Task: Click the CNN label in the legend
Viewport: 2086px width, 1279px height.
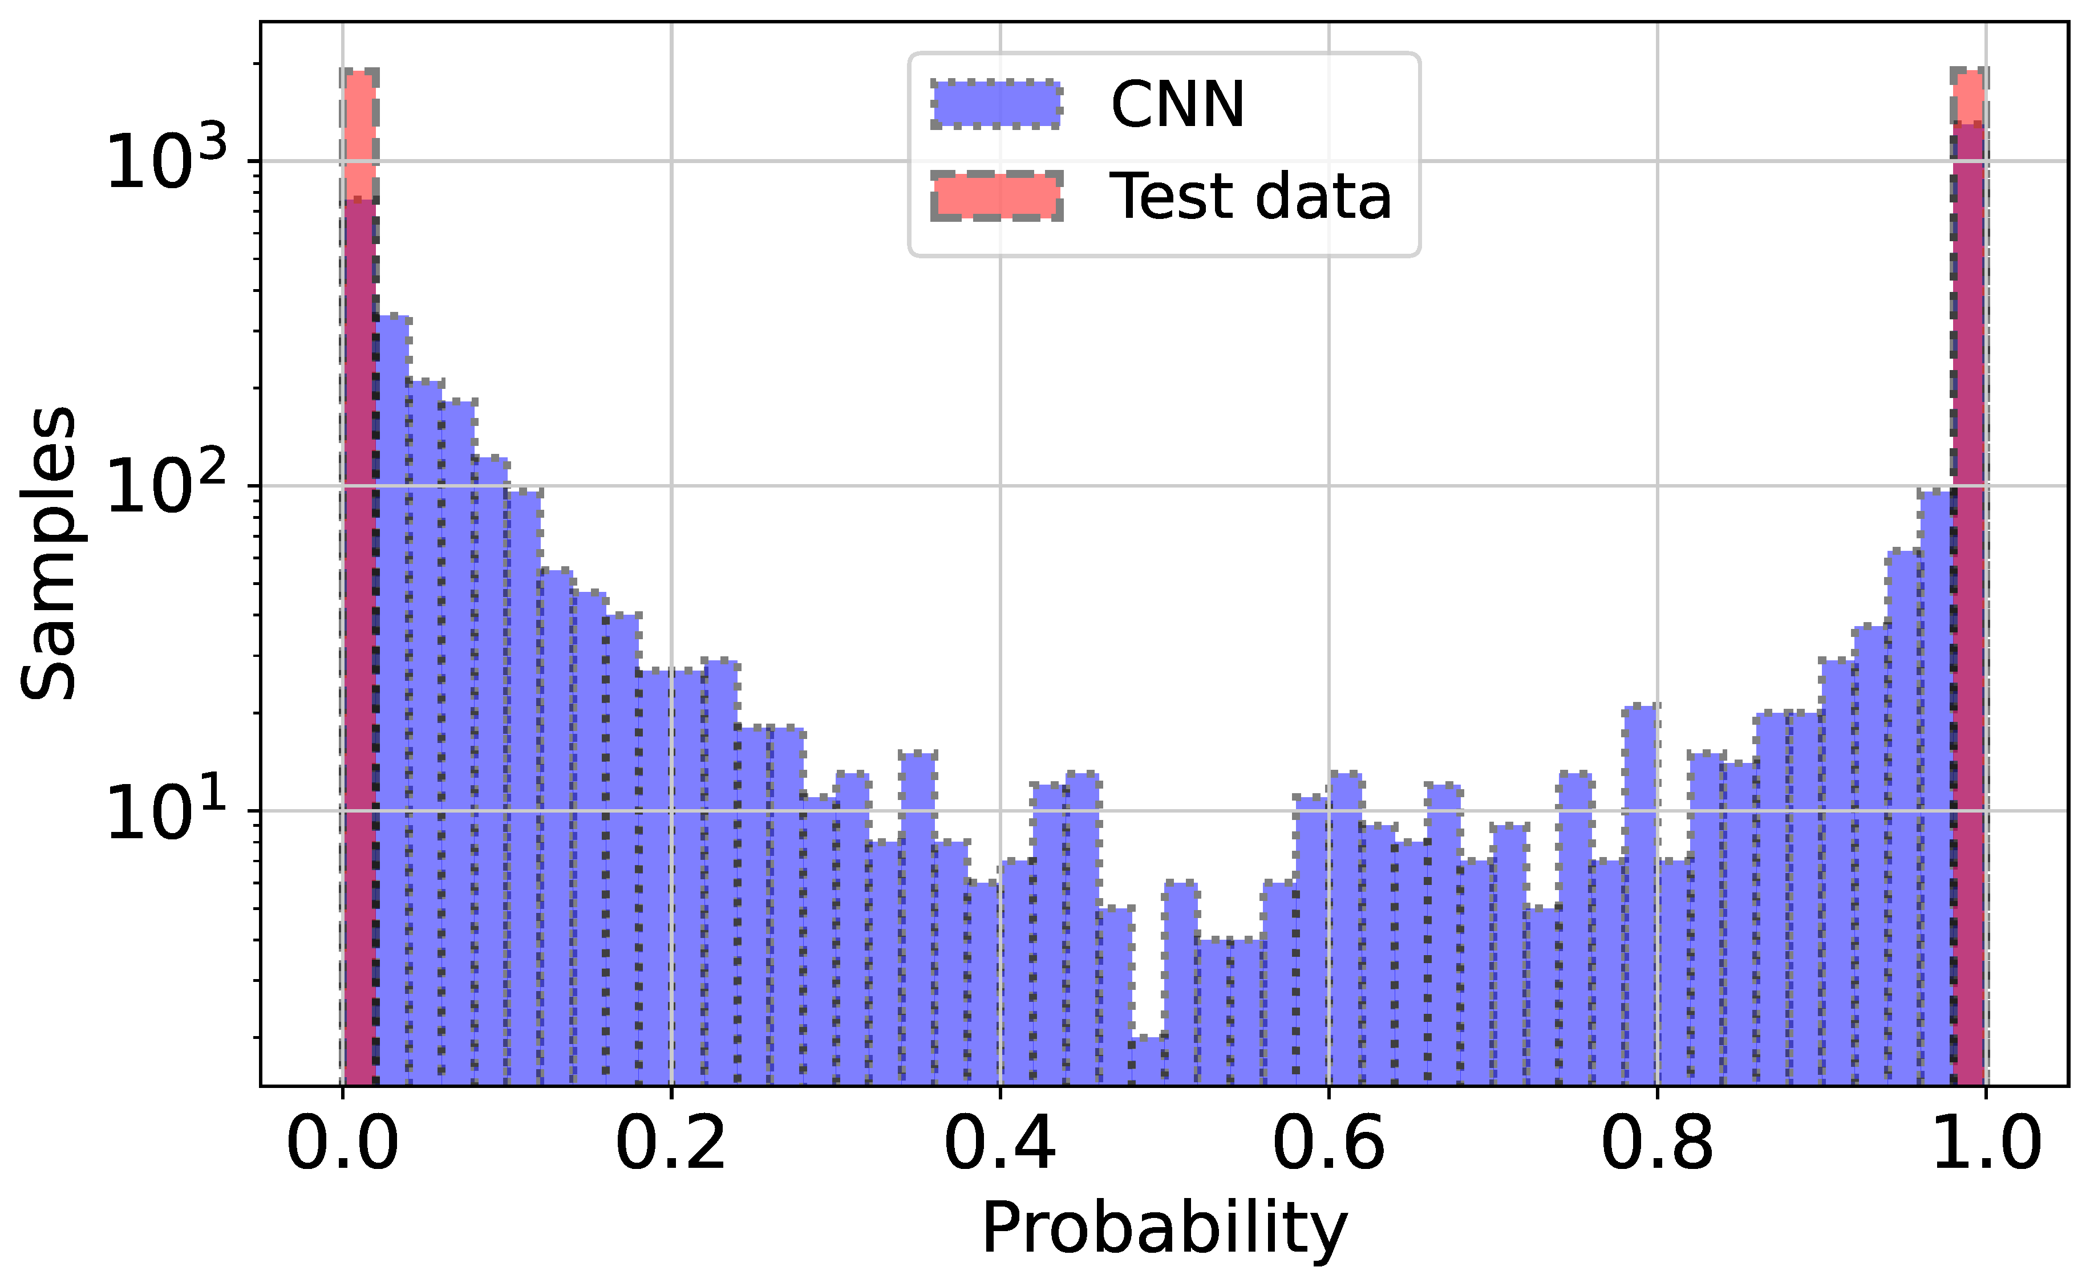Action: click(x=1177, y=105)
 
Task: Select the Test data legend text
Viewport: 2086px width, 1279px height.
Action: click(x=1250, y=196)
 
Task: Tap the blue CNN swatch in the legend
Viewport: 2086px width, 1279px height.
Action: click(x=995, y=105)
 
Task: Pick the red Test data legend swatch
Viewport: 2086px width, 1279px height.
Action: click(x=995, y=196)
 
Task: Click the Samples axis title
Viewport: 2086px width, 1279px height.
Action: click(x=48, y=554)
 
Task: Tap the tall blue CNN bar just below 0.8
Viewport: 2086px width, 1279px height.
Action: click(x=1641, y=889)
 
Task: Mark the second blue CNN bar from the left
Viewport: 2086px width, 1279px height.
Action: click(x=393, y=677)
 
